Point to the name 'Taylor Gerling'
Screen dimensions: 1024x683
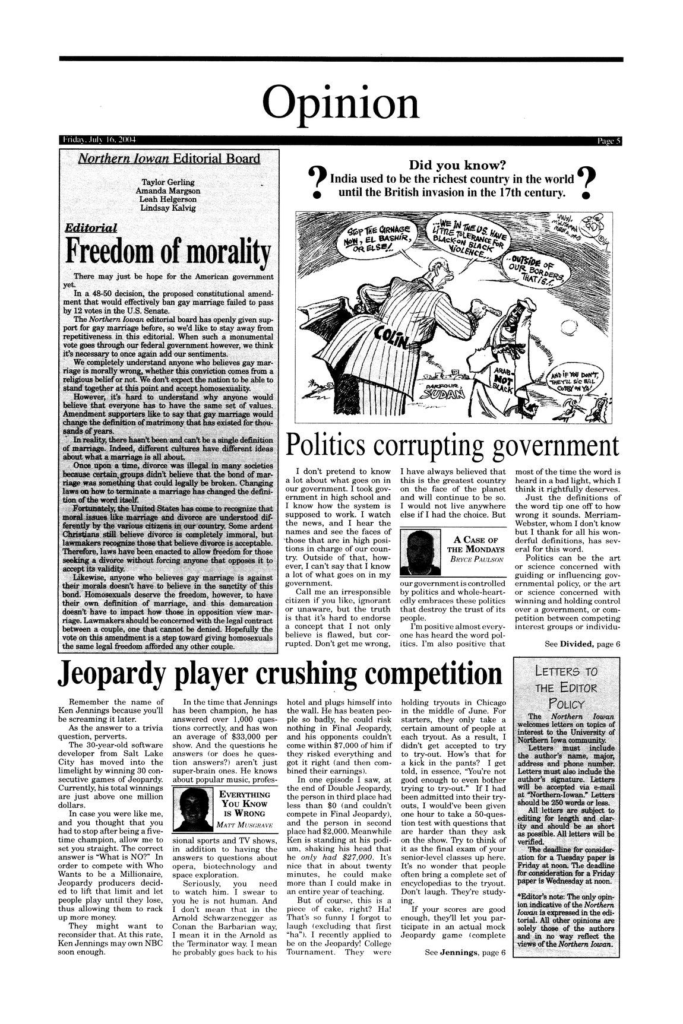[169, 181]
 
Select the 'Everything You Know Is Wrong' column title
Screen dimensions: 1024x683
[245, 804]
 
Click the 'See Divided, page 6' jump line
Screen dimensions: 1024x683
[583, 644]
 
